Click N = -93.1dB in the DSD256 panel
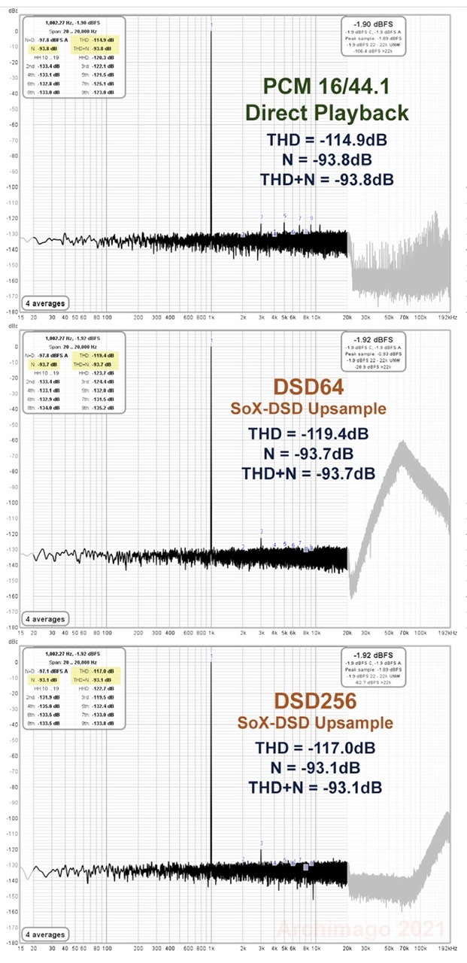pos(314,767)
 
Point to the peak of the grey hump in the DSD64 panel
pos(405,444)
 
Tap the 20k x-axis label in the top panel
pos(348,318)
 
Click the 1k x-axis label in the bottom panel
pos(211,949)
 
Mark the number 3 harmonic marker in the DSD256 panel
pos(261,843)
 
